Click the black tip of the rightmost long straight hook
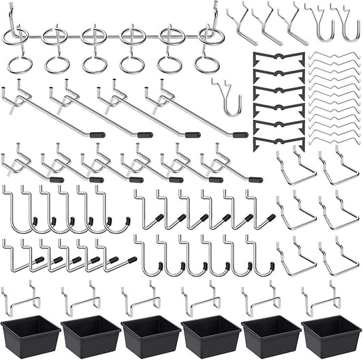[240, 134]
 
